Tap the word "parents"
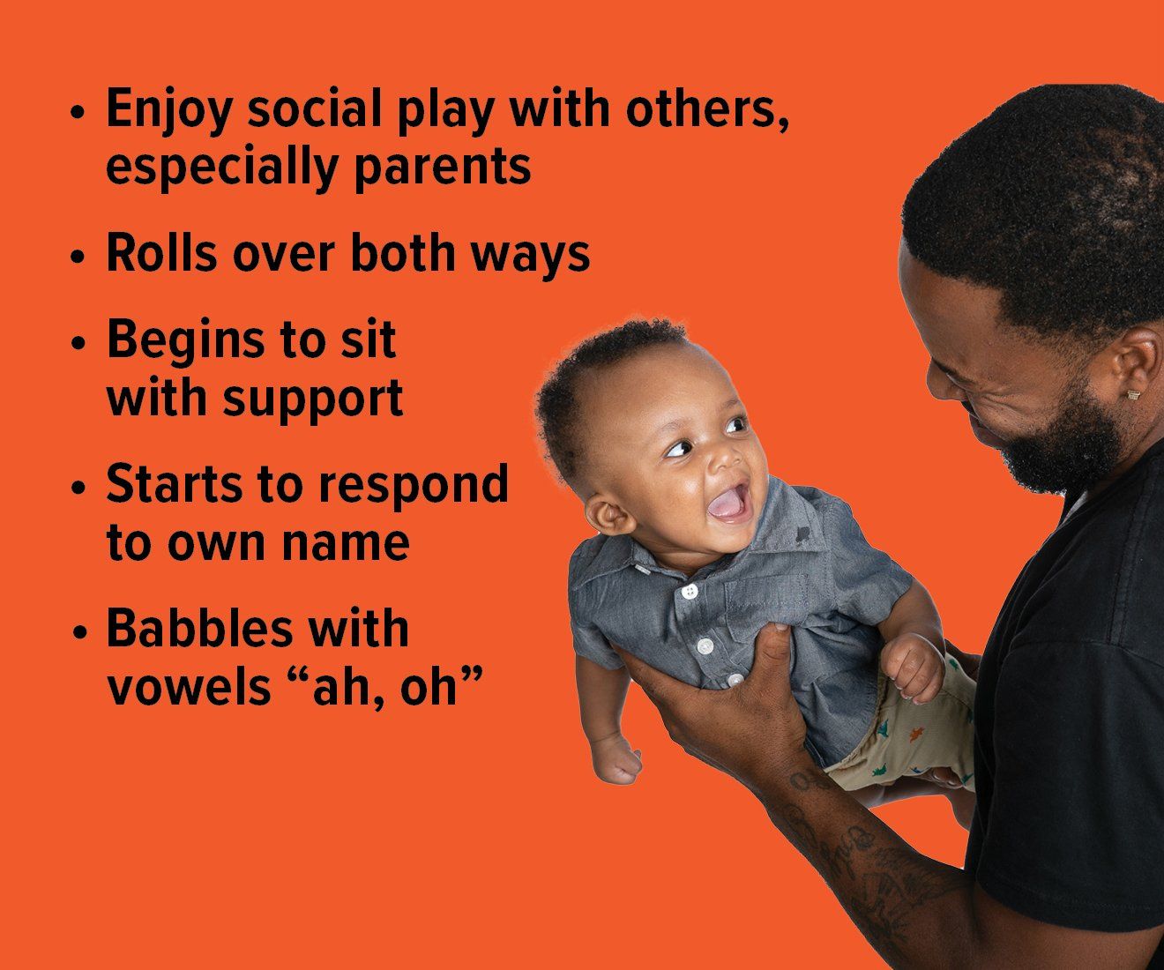pos(443,168)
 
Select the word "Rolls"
pos(161,253)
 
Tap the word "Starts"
pos(174,484)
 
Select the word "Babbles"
pos(199,628)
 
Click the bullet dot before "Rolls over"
pos(78,257)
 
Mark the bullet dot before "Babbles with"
pos(79,633)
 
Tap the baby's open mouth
pos(729,504)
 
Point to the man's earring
pos(1133,395)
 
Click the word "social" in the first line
pos(314,108)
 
